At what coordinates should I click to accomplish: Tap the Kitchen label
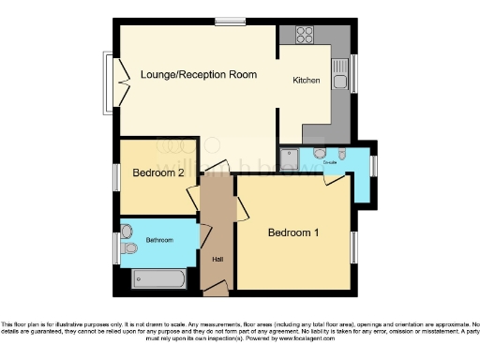point(307,82)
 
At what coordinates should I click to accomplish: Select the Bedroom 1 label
point(293,232)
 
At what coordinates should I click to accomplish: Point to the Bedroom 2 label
point(157,173)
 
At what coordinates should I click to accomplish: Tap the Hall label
point(217,260)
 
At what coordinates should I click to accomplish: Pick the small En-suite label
point(330,162)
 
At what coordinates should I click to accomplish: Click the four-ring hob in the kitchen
point(306,36)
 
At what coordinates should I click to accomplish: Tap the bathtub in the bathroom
point(161,278)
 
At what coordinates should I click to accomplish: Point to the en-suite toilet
point(342,153)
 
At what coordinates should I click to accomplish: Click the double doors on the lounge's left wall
point(119,82)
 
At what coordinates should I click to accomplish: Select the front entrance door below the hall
point(217,287)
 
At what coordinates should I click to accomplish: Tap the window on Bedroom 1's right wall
point(355,247)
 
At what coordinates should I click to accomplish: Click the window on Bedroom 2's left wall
point(116,175)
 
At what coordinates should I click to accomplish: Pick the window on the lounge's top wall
point(228,22)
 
